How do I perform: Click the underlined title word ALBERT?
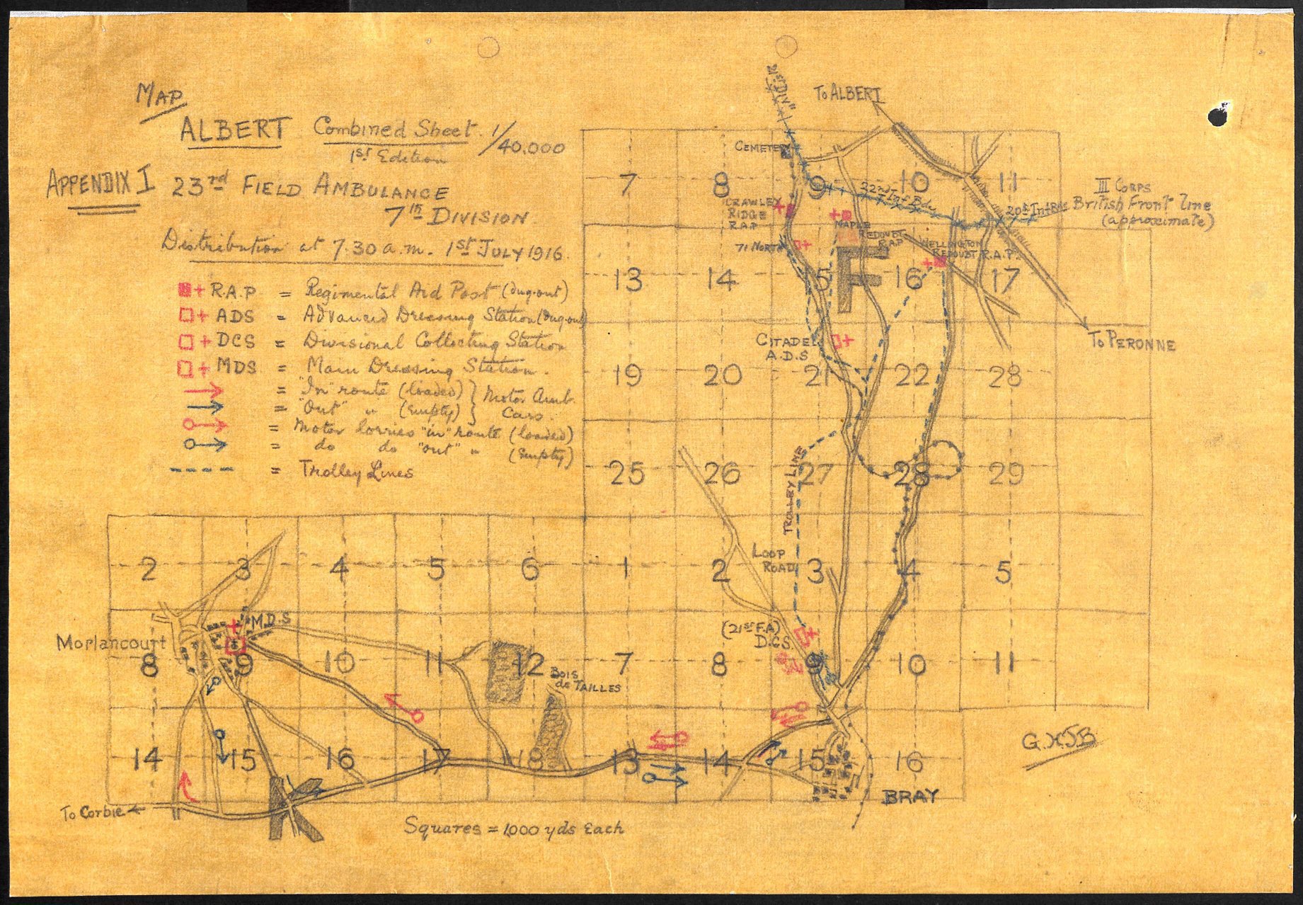tap(234, 130)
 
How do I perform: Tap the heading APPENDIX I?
tap(101, 183)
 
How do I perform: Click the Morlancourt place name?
tap(112, 643)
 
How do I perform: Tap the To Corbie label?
tap(96, 813)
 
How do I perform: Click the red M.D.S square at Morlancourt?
tap(234, 645)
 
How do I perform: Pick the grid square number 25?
tap(627, 473)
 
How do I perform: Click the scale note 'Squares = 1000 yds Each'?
tap(514, 827)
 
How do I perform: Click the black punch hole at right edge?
tap(1219, 115)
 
